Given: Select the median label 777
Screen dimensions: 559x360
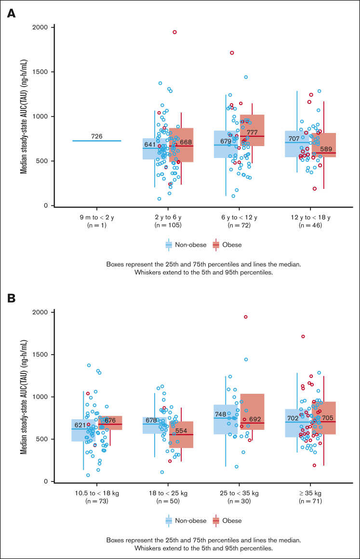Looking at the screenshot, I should pos(252,133).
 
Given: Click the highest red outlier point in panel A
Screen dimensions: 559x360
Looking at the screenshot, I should pos(175,32).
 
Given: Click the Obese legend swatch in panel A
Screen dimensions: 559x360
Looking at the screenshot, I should pos(215,245).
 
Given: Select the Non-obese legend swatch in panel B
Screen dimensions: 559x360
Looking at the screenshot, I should pos(169,520).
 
